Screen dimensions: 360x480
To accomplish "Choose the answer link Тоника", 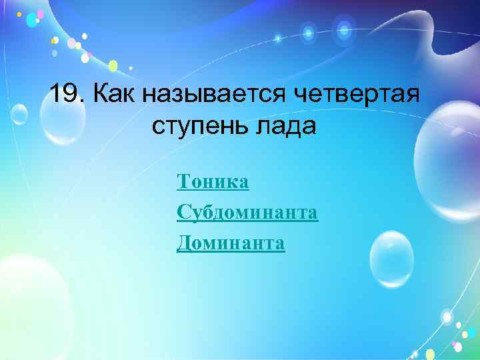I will click(213, 181).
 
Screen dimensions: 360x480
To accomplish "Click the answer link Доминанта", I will click(231, 244).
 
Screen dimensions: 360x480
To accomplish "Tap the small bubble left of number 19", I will click(19, 115).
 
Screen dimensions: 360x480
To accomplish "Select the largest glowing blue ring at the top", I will click(344, 29).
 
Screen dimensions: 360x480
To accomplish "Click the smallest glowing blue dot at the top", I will click(278, 38).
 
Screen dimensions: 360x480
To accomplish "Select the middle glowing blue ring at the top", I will click(308, 31).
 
